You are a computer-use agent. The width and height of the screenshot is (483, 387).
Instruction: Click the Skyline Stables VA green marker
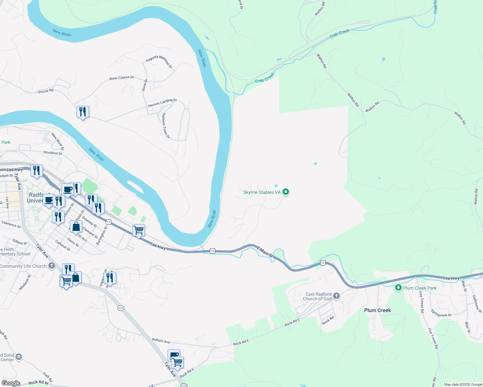285,192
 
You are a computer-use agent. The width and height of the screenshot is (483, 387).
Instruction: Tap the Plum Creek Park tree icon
398,288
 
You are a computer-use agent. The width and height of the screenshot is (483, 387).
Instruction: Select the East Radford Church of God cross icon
336,296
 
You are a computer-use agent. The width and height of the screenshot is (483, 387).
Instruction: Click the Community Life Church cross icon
52,266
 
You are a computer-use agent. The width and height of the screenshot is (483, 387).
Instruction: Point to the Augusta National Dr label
159,62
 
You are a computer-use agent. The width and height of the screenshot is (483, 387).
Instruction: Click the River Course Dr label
121,78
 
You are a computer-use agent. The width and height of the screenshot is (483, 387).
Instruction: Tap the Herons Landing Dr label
162,103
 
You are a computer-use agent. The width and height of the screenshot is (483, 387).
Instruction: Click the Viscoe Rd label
46,91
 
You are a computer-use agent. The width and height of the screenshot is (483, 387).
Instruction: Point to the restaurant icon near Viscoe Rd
83,112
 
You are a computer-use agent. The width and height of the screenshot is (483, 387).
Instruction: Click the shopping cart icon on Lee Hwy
139,230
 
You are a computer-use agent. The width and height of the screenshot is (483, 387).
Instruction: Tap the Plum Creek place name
377,310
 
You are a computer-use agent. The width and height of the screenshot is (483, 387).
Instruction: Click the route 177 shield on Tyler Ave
121,308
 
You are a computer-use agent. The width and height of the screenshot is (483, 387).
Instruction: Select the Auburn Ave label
161,341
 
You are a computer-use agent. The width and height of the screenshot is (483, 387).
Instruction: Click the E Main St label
265,252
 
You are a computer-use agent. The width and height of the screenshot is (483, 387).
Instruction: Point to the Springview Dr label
441,313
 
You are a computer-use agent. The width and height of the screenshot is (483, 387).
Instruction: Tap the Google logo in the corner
11,383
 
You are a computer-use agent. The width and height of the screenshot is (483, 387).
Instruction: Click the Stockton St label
53,153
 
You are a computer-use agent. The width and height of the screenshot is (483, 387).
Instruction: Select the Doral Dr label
145,85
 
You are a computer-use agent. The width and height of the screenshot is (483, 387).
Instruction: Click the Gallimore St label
477,304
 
